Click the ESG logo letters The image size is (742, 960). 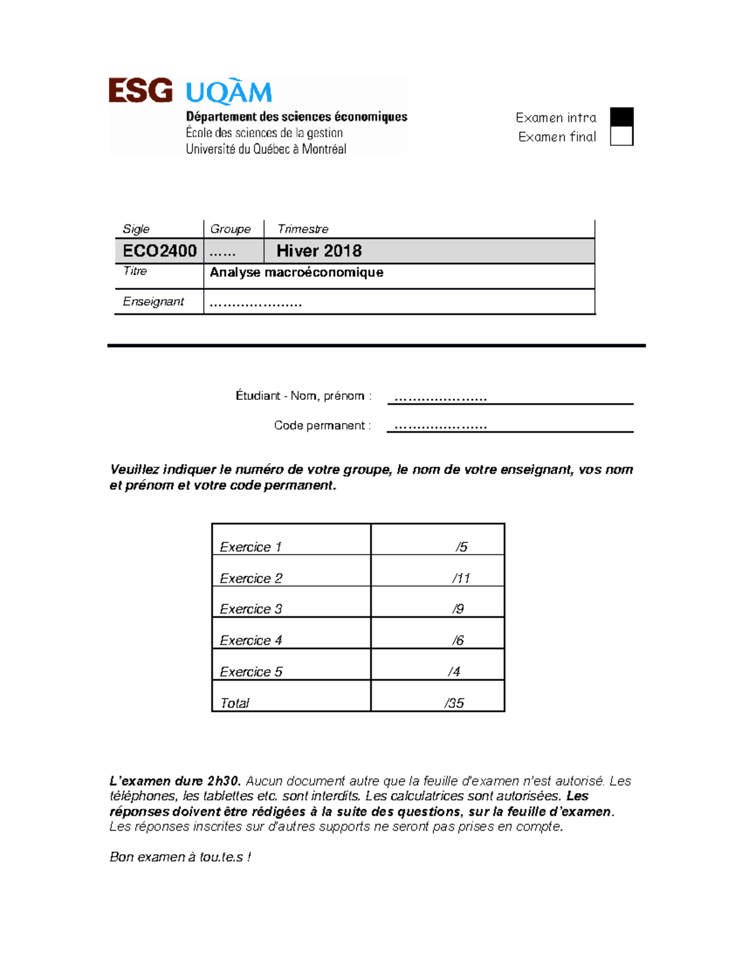click(140, 91)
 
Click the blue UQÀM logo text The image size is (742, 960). click(229, 93)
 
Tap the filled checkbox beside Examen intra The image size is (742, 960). click(621, 117)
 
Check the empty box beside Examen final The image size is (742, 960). click(621, 136)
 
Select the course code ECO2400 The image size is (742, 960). click(160, 251)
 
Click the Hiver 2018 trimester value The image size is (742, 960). click(319, 251)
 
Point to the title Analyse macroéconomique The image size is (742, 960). click(296, 273)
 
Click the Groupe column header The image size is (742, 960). click(230, 229)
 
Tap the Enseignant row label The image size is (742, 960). click(153, 302)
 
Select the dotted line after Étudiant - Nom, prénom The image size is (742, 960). click(440, 397)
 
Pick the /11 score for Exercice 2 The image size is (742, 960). click(461, 578)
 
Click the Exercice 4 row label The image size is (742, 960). click(251, 640)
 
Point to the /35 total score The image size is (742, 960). click(454, 703)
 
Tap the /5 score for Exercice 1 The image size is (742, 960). click(461, 547)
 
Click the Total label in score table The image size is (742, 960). click(235, 703)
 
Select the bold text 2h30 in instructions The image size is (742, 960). click(223, 781)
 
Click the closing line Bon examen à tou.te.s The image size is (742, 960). click(180, 857)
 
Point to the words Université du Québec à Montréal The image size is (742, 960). click(266, 149)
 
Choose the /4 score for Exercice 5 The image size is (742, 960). click(454, 671)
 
